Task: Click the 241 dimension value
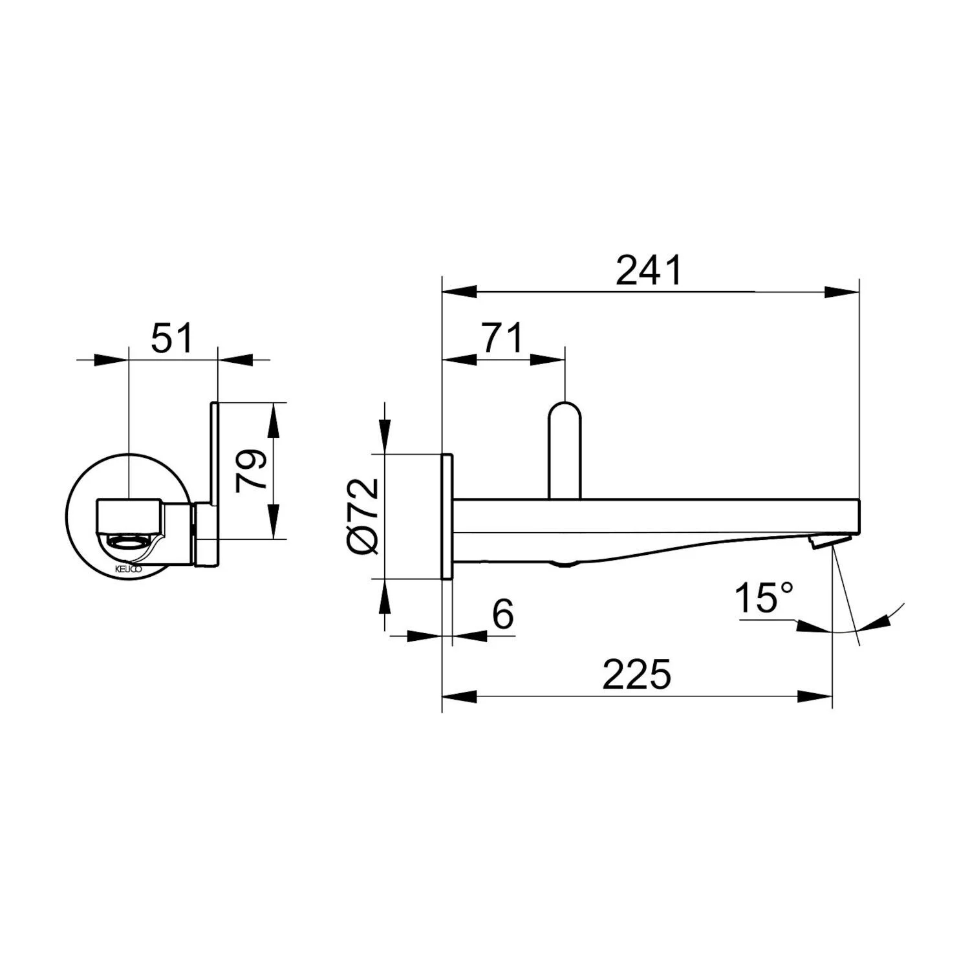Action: point(649,270)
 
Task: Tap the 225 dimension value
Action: point(637,674)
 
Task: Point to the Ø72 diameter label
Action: point(363,515)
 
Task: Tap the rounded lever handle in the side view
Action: point(565,451)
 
